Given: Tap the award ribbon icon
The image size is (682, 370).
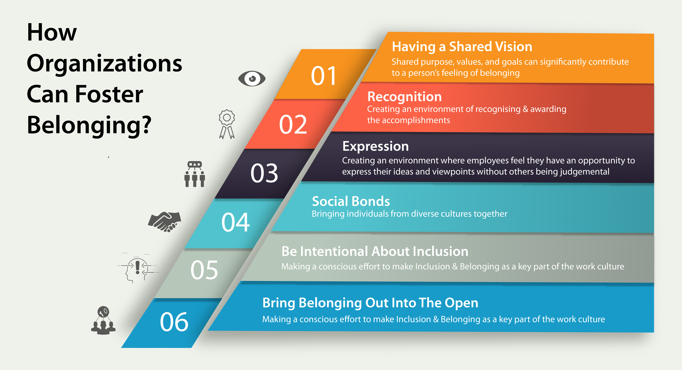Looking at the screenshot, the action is (x=227, y=124).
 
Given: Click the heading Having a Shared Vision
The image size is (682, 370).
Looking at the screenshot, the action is (x=462, y=47).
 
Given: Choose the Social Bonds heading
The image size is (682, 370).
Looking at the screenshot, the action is (x=351, y=201).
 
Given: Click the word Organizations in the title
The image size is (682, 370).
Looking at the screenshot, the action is (x=105, y=64).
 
